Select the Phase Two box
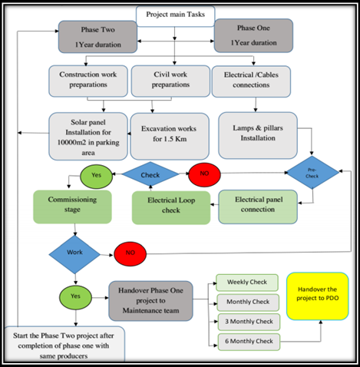click(97, 36)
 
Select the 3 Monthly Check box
click(243, 322)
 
